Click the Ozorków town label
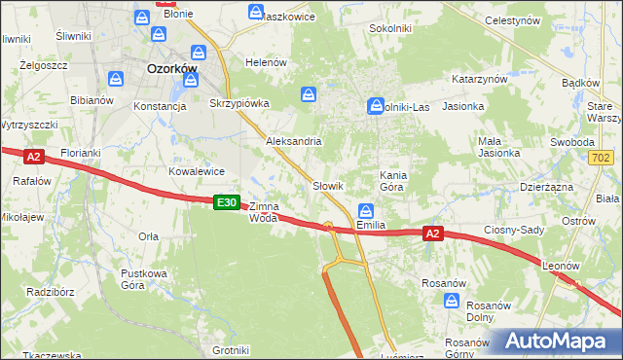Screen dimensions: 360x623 [171, 70]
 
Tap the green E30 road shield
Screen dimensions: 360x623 [226, 201]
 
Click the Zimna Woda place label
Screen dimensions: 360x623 [264, 212]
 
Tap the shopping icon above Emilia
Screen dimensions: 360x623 [366, 209]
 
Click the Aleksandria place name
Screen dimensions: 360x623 [294, 141]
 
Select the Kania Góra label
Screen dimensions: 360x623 [391, 181]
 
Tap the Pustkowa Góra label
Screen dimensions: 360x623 [146, 279]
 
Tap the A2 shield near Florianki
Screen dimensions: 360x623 [33, 156]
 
